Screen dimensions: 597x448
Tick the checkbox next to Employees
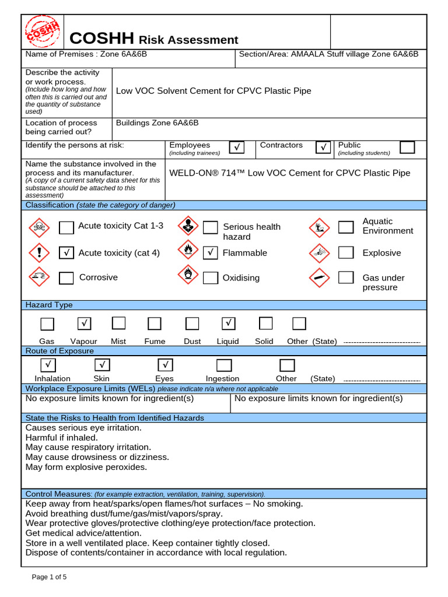tap(237, 148)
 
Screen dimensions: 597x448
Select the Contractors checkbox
tap(323, 148)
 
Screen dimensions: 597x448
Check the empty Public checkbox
tap(407, 147)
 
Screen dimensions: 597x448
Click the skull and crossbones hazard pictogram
tap(38, 226)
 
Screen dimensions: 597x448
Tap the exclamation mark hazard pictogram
tap(38, 252)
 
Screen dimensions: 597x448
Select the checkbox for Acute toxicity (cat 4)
tap(66, 253)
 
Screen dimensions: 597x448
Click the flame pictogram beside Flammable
tap(187, 250)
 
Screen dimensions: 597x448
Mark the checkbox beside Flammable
tap(211, 253)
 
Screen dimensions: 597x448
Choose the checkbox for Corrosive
tap(66, 278)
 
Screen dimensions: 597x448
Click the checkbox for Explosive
tap(346, 252)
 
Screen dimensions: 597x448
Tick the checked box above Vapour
tap(84, 323)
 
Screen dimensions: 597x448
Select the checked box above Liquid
tap(228, 323)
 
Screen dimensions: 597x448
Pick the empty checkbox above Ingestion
tap(223, 366)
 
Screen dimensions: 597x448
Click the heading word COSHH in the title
tap(102, 39)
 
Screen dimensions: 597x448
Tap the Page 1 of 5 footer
tap(49, 577)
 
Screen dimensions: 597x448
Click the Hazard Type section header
tap(49, 305)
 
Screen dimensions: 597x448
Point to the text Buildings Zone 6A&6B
tap(157, 123)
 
